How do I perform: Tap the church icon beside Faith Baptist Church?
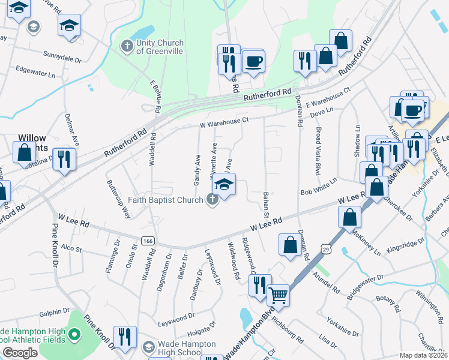[x=212, y=200]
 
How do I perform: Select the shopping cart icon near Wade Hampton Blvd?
[x=278, y=295]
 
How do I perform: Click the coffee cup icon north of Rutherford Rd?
[x=253, y=61]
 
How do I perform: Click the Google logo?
[x=20, y=353]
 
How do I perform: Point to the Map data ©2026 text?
[x=424, y=355]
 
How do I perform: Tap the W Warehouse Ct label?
[x=224, y=122]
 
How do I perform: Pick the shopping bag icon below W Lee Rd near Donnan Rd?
[x=290, y=245]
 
